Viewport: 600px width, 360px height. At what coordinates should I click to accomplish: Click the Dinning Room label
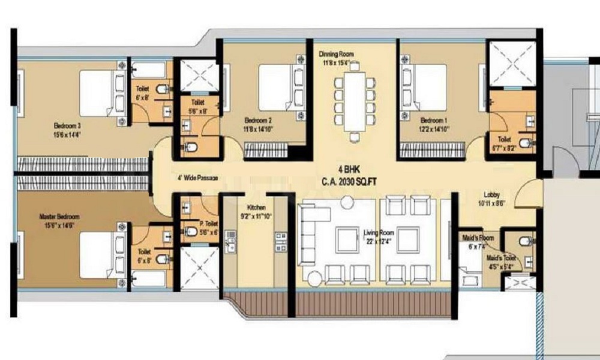pos(336,54)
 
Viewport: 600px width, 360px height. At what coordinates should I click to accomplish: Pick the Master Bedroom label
pos(59,216)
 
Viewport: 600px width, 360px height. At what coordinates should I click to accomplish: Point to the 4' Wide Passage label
pos(196,178)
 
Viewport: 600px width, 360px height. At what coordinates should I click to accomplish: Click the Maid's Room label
pos(478,238)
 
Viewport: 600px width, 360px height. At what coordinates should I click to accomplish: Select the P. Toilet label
pos(208,224)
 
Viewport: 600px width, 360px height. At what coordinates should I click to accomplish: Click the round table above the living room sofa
pos(347,203)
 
